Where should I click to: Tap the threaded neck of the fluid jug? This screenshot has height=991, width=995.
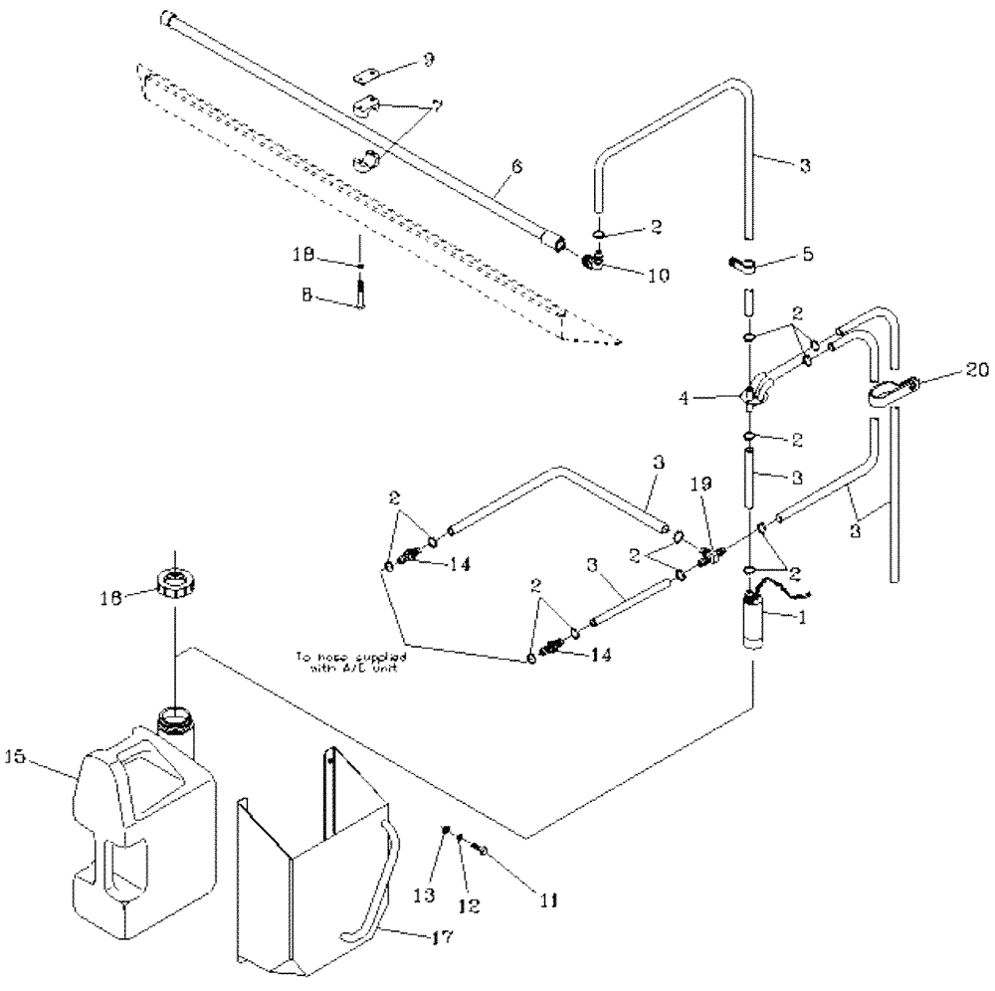pyautogui.click(x=175, y=717)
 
